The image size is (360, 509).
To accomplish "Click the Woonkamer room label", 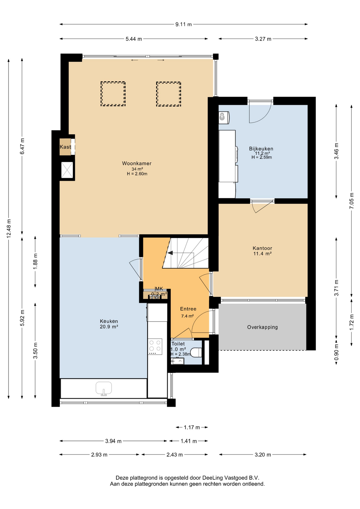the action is click(x=137, y=163).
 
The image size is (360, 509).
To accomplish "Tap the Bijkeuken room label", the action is click(x=261, y=149).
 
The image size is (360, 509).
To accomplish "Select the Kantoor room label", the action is click(x=262, y=248).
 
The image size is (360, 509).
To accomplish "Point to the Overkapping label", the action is click(x=262, y=327).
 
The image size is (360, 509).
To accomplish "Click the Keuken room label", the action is click(x=109, y=321).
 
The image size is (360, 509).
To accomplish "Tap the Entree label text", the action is click(x=188, y=309).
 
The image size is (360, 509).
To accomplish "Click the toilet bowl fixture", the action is click(x=196, y=353).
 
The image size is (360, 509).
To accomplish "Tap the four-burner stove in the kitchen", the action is click(x=155, y=347).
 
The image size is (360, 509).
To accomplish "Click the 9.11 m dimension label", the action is click(x=183, y=24).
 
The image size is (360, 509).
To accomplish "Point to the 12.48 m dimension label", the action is click(x=9, y=228).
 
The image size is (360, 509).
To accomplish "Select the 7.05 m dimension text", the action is click(x=352, y=200).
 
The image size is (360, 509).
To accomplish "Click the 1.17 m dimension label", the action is click(x=192, y=427).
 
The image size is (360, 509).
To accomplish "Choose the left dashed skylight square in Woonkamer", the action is click(x=113, y=94).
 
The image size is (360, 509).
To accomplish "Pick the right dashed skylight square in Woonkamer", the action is click(x=169, y=94).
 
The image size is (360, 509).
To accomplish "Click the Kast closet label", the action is click(x=65, y=147).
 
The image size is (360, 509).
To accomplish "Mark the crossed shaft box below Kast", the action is click(x=67, y=170).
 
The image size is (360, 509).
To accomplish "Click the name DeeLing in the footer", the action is click(x=212, y=478).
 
